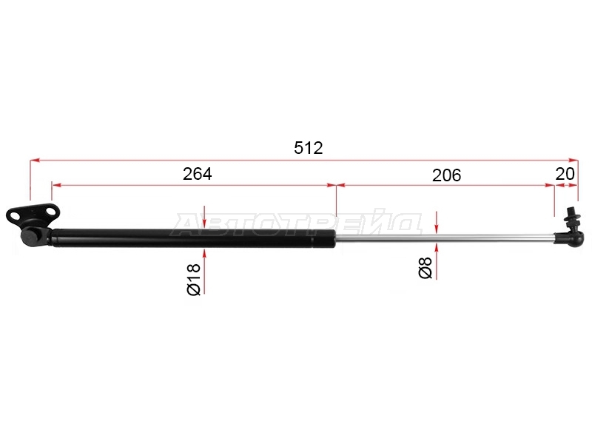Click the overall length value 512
309,148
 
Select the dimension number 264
198,174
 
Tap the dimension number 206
447,175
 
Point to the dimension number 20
565,174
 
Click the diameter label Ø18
194,280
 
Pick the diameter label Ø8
425,268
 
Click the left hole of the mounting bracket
16,216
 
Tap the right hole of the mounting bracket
50,211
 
